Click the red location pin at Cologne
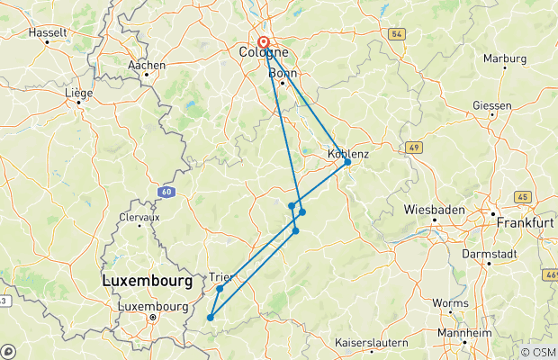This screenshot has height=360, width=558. click(x=264, y=41)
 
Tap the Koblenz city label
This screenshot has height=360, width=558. click(x=347, y=154)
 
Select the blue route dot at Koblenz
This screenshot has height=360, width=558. click(x=347, y=162)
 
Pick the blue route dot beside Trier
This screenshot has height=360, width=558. click(x=220, y=289)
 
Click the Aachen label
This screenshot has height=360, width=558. click(x=146, y=66)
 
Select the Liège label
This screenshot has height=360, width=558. click(x=79, y=92)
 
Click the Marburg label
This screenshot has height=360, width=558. click(x=504, y=58)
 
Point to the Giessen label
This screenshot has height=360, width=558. click(x=491, y=105)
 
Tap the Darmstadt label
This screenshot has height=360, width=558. click(x=490, y=254)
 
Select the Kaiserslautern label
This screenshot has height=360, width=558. click(x=371, y=343)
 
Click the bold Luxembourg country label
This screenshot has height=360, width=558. click(x=147, y=281)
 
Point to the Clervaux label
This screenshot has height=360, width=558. click(x=139, y=217)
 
